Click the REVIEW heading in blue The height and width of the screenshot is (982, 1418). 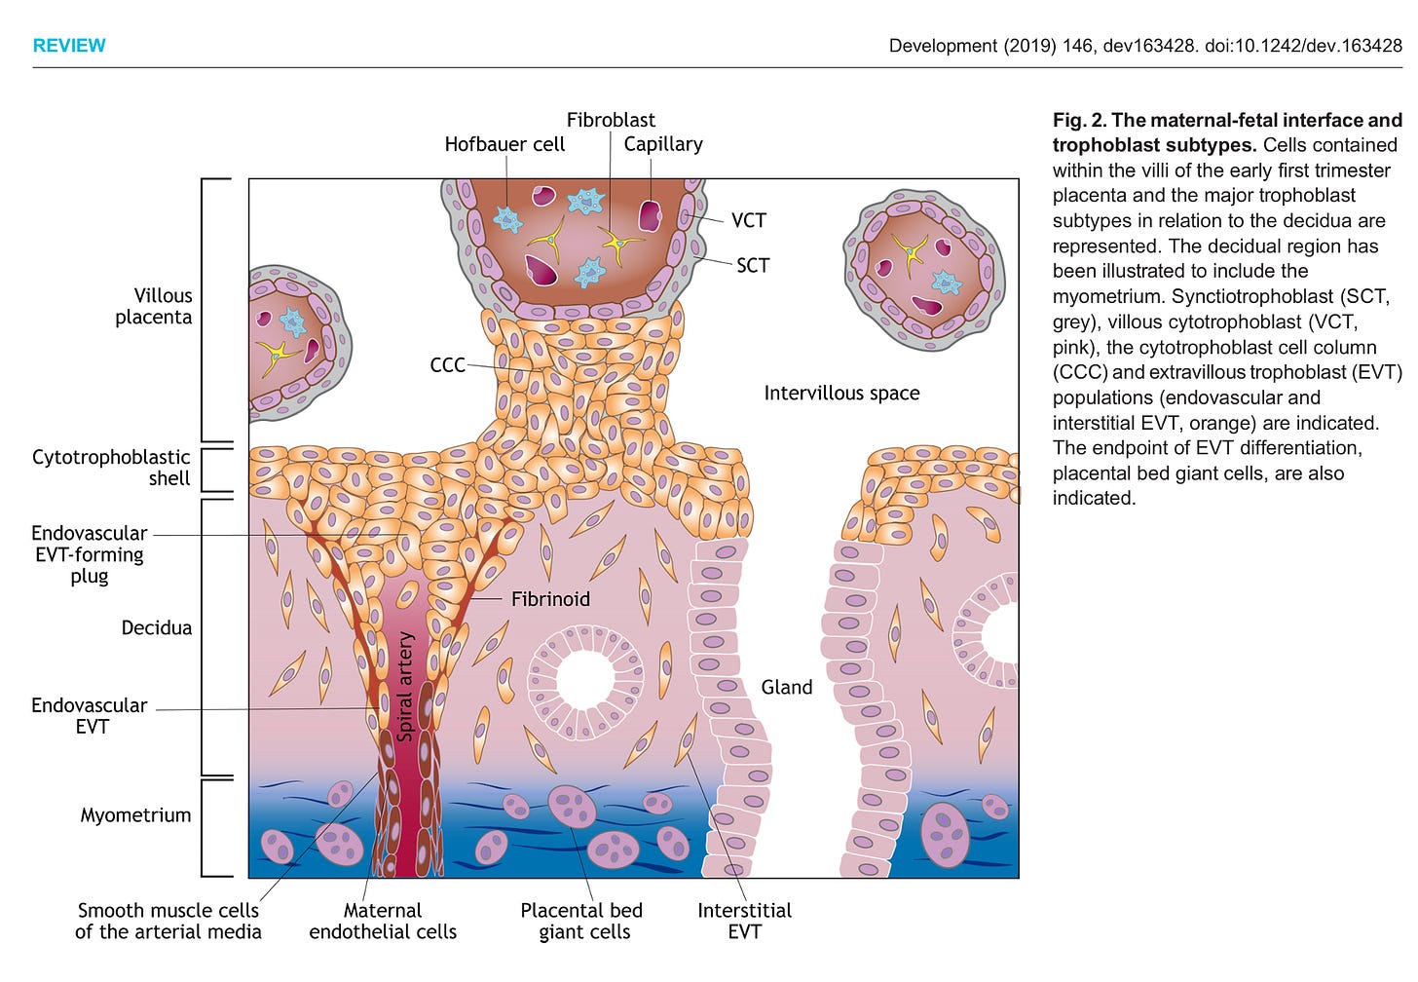[69, 46]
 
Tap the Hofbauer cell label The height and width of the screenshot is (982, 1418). [504, 144]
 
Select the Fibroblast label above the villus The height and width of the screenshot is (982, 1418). [611, 120]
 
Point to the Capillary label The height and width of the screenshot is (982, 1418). [663, 144]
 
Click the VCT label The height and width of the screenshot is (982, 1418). [749, 221]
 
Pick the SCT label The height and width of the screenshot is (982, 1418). [753, 265]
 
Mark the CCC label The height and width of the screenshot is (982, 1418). [448, 365]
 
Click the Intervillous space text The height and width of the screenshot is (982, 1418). [841, 394]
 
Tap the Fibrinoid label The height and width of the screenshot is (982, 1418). [550, 599]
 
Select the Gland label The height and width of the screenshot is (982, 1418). [787, 688]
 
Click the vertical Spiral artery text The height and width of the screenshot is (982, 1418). [406, 686]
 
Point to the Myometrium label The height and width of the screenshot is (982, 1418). [135, 815]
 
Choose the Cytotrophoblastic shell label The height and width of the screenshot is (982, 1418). [111, 468]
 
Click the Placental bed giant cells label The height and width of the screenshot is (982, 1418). [582, 922]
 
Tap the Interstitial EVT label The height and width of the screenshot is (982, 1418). [744, 922]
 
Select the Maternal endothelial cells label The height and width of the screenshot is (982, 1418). [383, 922]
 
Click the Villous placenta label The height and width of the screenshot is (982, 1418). [154, 306]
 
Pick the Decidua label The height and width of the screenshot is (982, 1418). [156, 628]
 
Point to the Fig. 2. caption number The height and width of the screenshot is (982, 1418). [1078, 121]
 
